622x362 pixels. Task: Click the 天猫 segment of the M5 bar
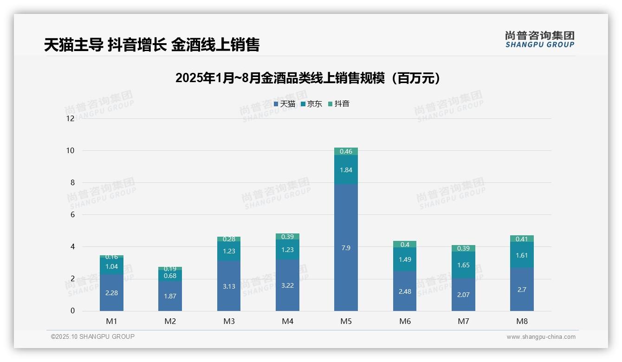[346, 247]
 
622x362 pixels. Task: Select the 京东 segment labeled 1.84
[346, 170]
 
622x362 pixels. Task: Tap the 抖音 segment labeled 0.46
[346, 151]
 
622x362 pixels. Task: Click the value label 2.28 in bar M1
[111, 293]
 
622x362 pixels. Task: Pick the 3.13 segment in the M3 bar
[229, 286]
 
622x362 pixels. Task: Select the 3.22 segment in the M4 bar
[287, 285]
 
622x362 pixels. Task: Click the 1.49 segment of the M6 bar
[405, 259]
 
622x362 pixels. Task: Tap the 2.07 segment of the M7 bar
[463, 294]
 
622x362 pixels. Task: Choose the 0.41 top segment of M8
[522, 239]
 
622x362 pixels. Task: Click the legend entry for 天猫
[285, 104]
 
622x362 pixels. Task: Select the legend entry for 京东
[311, 104]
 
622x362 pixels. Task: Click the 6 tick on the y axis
[72, 215]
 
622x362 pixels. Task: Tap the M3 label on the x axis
[229, 321]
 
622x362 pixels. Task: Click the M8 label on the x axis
[522, 321]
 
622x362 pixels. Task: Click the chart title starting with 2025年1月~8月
[308, 78]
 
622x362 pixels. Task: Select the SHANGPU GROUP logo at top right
[539, 39]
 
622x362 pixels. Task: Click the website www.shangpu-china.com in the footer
[541, 337]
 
